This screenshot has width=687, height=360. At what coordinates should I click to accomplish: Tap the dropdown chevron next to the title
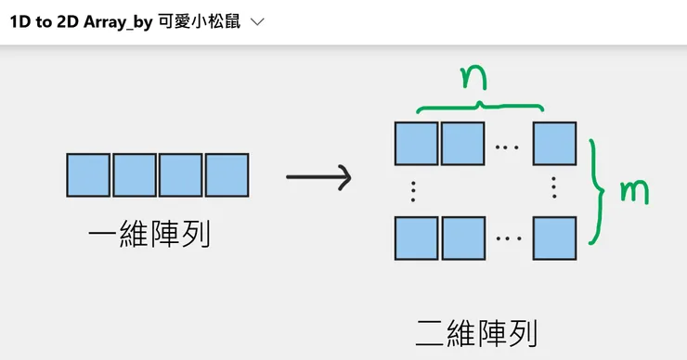(x=258, y=22)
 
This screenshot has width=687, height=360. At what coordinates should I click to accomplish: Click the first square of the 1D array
(x=88, y=175)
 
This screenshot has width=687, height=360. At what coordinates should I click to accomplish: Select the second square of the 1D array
(x=135, y=175)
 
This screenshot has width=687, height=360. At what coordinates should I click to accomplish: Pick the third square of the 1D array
(x=181, y=175)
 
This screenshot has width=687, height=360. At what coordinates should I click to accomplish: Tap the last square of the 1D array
(x=227, y=175)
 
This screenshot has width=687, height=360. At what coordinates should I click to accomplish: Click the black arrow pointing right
(x=318, y=177)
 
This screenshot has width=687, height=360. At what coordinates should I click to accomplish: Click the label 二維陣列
(x=476, y=331)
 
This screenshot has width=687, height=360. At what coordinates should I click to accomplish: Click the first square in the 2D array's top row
(x=416, y=144)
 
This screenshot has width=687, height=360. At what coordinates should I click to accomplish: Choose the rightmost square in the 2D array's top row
(x=554, y=144)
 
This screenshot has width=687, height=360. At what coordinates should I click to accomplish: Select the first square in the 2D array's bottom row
(x=416, y=238)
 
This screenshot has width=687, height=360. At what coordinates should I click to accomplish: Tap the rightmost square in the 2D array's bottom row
(x=554, y=238)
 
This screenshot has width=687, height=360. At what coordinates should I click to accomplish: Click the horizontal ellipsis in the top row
(x=508, y=146)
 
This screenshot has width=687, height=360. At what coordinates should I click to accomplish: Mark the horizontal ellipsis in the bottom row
(x=508, y=239)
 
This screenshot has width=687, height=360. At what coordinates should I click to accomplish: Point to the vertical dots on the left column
(x=413, y=191)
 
